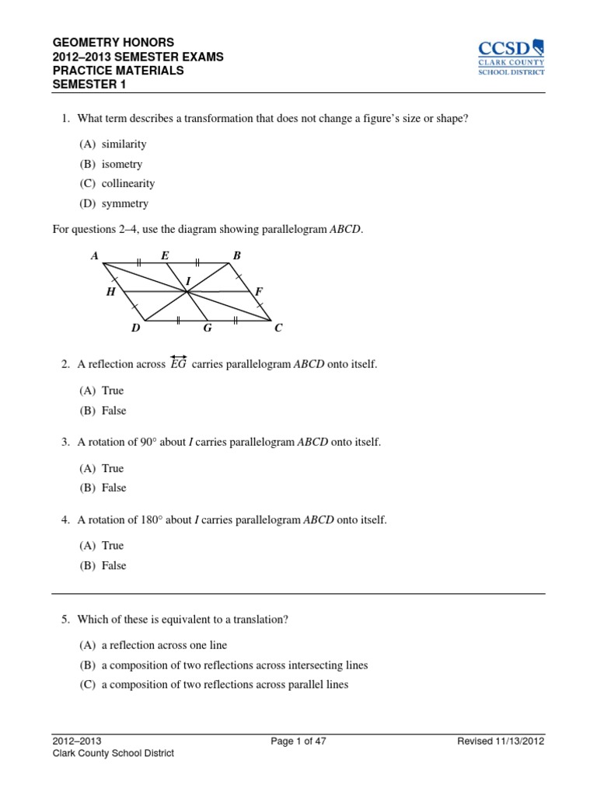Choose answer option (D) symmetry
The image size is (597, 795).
tap(113, 204)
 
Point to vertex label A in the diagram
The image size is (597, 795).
tap(94, 255)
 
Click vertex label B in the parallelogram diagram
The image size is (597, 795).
tap(237, 255)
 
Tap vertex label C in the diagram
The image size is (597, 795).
tap(278, 328)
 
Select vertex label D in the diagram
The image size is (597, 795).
tap(135, 328)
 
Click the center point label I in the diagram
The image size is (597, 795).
tap(187, 280)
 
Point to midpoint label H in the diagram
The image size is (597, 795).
tap(110, 292)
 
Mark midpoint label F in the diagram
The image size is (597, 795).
tap(259, 292)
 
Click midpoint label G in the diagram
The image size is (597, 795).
tap(208, 328)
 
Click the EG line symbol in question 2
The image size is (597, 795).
tap(178, 363)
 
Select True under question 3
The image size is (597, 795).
tap(102, 469)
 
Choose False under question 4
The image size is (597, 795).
tap(103, 566)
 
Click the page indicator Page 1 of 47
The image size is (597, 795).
tap(298, 741)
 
